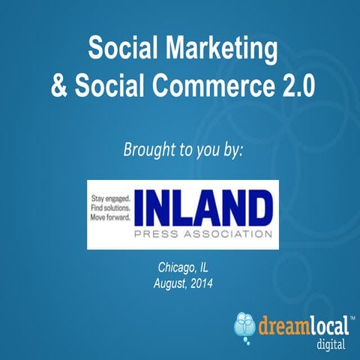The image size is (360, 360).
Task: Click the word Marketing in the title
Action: (x=221, y=50)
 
